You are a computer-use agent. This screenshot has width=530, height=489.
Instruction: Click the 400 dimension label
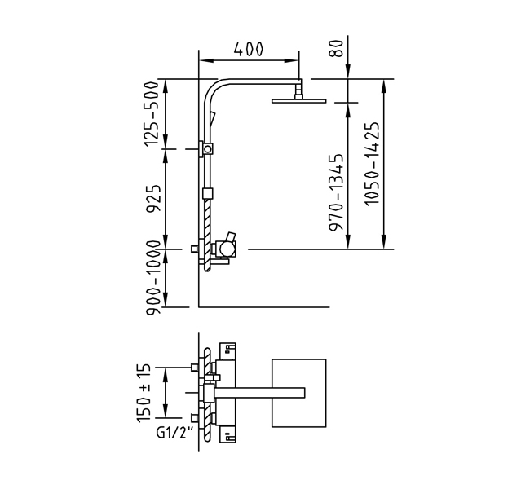tap(249, 49)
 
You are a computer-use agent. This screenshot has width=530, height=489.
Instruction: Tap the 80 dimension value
tap(337, 48)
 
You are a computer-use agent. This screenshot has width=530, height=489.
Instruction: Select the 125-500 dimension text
tap(151, 114)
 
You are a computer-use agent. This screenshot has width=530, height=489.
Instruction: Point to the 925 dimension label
tap(152, 199)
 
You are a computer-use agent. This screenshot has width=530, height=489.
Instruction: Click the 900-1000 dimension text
tap(152, 278)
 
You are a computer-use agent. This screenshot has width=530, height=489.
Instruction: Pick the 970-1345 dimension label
tap(336, 192)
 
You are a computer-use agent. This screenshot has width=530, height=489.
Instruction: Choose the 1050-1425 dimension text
tap(372, 163)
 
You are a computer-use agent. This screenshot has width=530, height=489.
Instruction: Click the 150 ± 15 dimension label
tap(144, 393)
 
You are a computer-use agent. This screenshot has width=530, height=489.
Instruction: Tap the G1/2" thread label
tap(176, 433)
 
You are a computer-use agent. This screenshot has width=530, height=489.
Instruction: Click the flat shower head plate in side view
tap(298, 101)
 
